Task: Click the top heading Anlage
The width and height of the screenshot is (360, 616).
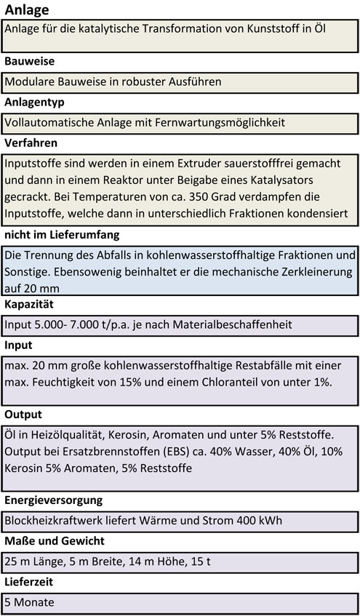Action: coord(27,9)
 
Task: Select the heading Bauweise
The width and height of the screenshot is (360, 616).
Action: coord(29,62)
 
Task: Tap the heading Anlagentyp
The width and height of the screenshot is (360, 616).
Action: coord(34,103)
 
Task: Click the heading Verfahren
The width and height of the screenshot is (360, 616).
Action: coord(31,143)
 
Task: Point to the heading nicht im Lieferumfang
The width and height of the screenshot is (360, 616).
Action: coord(62,235)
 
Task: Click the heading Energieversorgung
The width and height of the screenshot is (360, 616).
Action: coord(53,500)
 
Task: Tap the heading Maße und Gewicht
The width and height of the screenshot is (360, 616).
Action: coord(54,541)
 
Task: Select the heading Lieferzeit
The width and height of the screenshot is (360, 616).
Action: coord(30,582)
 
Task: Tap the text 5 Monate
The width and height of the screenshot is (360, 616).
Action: coord(29,603)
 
